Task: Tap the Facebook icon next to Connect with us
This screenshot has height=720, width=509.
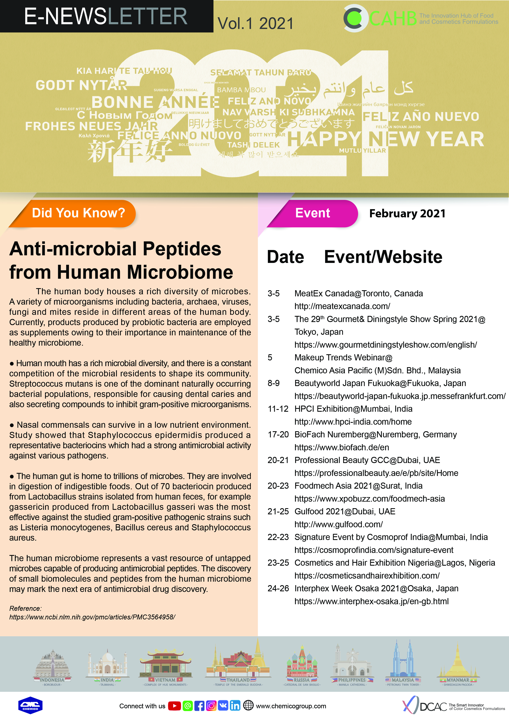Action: point(199,706)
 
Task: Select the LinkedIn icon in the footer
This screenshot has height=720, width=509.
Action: point(235,706)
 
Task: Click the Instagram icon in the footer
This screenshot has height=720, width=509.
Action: point(211,706)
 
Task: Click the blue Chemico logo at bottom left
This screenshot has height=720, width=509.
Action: point(30,706)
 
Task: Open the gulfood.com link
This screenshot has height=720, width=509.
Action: point(338,524)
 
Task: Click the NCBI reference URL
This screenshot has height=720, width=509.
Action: point(92,617)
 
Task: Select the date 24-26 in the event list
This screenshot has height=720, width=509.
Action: point(278,589)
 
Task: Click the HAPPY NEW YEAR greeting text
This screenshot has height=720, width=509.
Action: point(385,139)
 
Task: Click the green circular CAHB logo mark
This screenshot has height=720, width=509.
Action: point(354,18)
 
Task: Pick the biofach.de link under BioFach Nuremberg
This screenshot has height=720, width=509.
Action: point(342,447)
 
